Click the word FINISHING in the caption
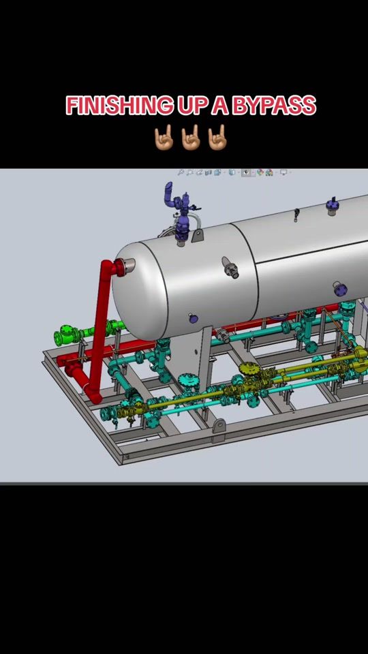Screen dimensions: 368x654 pos(119,106)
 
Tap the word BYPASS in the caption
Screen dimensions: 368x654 pos(274,106)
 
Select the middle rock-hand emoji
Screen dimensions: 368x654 pos(190,137)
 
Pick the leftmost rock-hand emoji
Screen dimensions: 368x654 pos(164,137)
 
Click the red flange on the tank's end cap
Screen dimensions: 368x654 pos(121,267)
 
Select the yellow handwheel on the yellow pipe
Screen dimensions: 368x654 pos(249,369)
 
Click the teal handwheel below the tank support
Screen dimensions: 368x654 pos(188,379)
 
